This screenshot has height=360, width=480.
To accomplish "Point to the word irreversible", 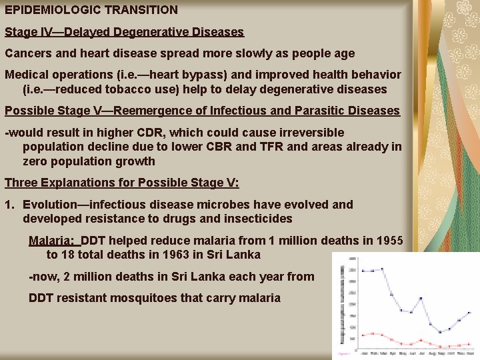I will coord(306,133).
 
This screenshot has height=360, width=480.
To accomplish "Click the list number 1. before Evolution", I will coord(9,204).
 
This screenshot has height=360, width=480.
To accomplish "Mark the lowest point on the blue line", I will coord(440,332).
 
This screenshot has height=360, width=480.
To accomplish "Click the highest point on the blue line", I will coord(382,269).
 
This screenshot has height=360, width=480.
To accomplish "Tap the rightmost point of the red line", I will coord(469,345).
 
